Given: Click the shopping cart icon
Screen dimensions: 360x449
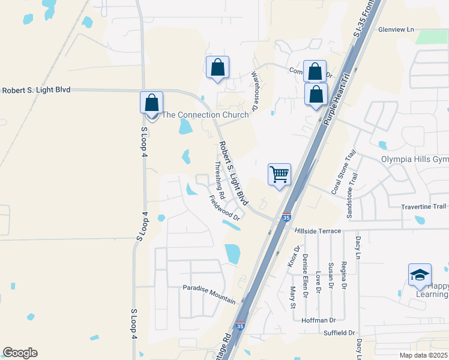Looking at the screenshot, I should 279,175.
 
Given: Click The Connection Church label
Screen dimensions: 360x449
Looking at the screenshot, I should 205,115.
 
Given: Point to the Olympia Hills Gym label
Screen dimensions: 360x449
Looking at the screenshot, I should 415,159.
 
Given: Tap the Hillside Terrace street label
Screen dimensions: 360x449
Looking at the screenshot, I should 318,231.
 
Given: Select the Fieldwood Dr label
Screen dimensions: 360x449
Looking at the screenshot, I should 224,208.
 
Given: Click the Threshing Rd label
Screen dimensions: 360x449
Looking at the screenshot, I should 220,180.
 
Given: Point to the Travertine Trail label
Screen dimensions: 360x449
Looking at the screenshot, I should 424,206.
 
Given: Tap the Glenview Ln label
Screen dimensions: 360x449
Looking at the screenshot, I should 396,29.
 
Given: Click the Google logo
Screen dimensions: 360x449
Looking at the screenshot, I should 20,353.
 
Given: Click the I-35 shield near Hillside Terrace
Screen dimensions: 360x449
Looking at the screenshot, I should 286,217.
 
